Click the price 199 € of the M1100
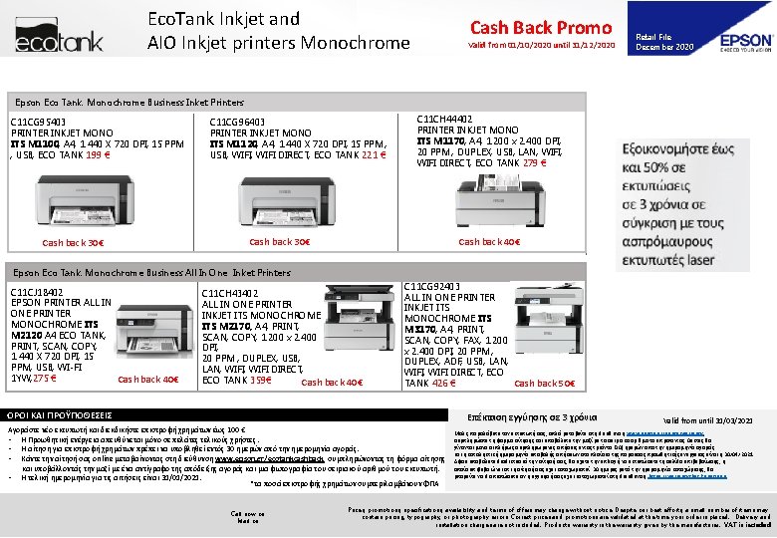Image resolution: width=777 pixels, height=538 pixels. tap(126, 154)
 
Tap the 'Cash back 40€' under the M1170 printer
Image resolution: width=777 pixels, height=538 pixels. tap(489, 242)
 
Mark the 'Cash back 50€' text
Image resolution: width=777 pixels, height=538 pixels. tap(545, 384)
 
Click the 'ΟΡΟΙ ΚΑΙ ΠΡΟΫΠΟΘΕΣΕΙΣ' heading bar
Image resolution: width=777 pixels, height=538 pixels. tap(59, 413)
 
